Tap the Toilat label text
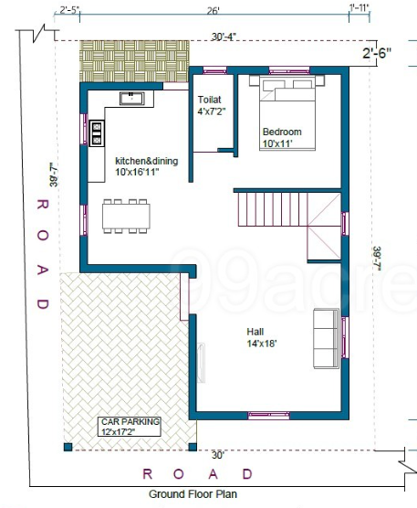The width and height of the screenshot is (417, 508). coord(211,100)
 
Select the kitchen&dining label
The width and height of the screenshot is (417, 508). coord(146,161)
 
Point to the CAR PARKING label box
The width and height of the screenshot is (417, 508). coord(130,426)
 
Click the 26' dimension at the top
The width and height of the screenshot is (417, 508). coord(213,11)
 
